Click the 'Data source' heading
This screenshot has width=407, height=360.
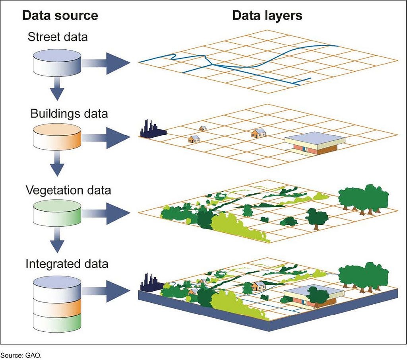[60, 16]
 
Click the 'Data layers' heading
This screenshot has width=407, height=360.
[267, 16]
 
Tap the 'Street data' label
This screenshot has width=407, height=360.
[58, 37]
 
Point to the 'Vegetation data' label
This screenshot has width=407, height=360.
[68, 190]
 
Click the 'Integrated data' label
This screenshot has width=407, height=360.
[67, 264]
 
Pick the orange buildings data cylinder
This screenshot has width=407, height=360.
[57, 137]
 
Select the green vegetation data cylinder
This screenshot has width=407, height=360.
[57, 212]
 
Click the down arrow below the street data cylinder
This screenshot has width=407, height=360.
[57, 90]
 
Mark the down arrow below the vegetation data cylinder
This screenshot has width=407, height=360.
[57, 241]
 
